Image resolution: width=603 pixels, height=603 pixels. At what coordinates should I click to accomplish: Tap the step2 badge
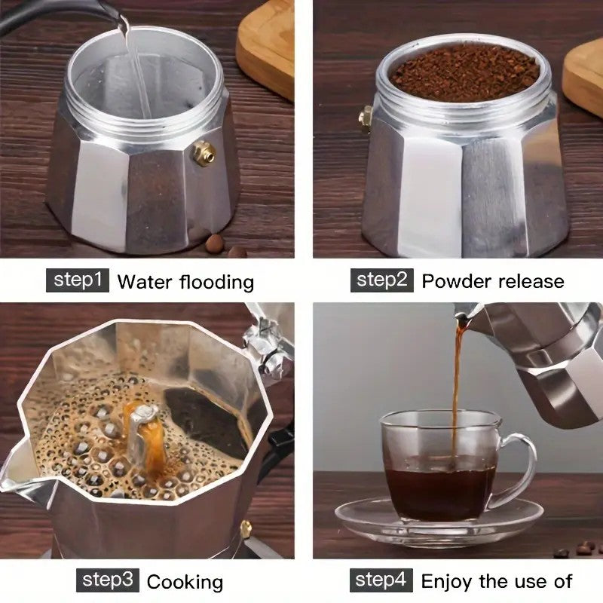[382, 280]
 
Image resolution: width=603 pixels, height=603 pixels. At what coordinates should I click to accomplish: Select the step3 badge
[108, 580]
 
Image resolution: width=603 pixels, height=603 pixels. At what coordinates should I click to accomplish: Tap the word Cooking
[185, 582]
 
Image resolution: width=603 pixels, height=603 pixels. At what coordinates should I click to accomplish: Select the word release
[529, 281]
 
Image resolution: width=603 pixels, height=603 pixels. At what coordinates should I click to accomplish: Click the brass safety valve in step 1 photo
[204, 153]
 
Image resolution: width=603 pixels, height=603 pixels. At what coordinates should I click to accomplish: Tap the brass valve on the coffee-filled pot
[366, 118]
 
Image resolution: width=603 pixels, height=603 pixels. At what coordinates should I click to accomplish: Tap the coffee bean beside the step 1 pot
[216, 243]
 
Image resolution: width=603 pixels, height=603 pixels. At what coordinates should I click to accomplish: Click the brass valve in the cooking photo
[246, 529]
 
